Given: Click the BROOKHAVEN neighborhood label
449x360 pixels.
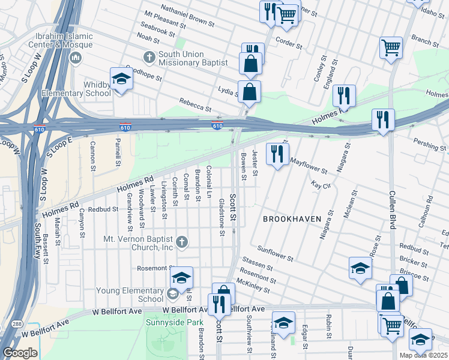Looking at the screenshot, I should point(291,219).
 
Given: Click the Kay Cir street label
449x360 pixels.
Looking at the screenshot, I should point(322,186).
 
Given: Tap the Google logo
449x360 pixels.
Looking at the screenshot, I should point(20,352).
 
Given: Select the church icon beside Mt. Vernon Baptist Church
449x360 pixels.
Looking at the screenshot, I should point(182,242).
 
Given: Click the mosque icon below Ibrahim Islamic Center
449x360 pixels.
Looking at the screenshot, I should point(76,58).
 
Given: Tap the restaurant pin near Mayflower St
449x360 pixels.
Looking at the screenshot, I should point(277,153).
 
